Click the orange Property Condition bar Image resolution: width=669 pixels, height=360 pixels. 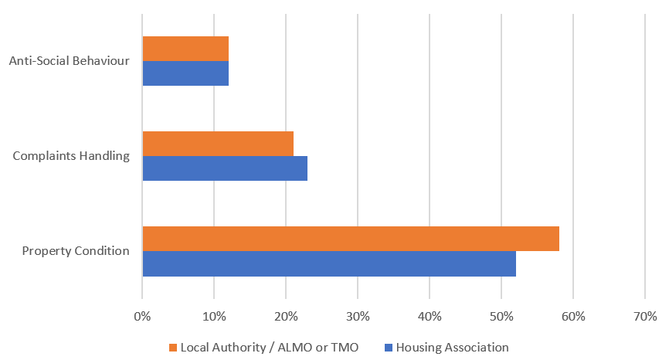click(351, 239)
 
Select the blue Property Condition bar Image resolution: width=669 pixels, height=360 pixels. click(329, 263)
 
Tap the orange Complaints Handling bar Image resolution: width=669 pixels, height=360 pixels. click(218, 144)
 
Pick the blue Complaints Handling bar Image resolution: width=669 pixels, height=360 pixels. click(225, 168)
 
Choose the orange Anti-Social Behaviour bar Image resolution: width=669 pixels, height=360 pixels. click(185, 49)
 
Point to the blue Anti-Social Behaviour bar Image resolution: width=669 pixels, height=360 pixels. click(185, 73)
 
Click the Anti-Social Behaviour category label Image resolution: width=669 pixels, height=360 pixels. click(69, 61)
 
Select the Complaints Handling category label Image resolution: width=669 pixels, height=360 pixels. click(71, 156)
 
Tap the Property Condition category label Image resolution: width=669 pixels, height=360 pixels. click(76, 251)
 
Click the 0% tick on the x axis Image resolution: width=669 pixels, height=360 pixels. click(142, 316)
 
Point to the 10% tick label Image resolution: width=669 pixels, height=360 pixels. click(214, 316)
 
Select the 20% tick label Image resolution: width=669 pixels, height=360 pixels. click(286, 316)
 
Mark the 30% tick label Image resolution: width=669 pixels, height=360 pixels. click(358, 316)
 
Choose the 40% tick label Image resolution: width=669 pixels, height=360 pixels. click(430, 316)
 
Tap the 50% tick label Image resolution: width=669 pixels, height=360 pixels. click(501, 316)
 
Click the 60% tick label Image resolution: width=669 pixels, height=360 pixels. click(573, 316)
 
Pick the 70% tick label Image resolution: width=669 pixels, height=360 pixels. click(645, 316)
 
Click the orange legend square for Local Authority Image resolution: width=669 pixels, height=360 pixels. click(173, 348)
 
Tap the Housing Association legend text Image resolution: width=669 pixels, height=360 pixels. click(452, 348)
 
